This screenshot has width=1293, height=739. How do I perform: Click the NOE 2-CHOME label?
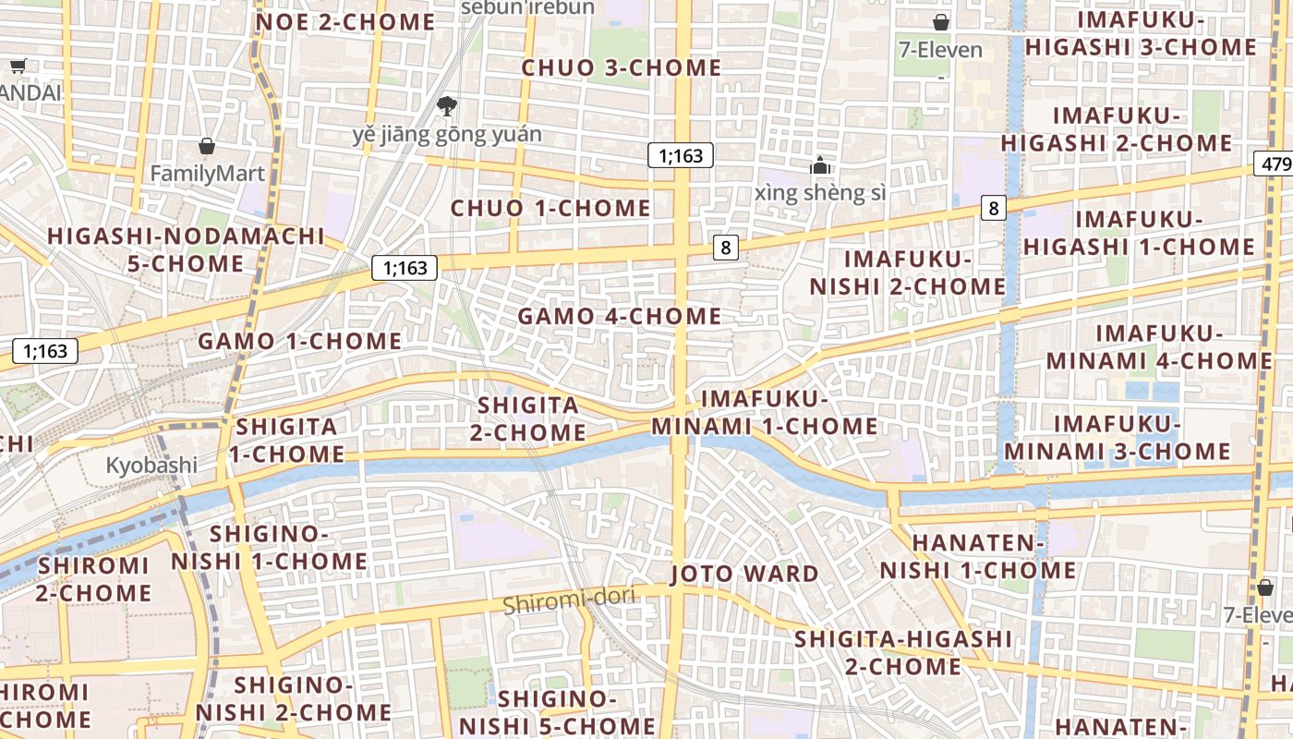(344, 22)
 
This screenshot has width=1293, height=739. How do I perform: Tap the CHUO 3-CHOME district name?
(621, 67)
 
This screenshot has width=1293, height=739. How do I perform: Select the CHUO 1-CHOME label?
(550, 208)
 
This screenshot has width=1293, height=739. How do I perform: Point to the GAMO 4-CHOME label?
(619, 316)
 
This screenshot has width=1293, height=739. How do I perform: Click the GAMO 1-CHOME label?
(299, 341)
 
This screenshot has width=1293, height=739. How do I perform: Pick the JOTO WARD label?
(743, 574)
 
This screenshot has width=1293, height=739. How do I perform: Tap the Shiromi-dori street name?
(569, 600)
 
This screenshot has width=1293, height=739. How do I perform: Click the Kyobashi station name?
(151, 465)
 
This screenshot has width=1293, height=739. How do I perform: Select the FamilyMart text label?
(207, 173)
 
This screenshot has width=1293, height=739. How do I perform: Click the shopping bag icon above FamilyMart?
(207, 146)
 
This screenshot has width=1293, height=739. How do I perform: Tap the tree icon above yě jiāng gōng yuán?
(447, 105)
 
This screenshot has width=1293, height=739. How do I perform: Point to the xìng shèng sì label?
(819, 192)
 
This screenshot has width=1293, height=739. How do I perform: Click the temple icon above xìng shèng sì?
(819, 166)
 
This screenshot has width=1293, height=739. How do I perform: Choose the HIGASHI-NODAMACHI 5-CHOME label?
(186, 250)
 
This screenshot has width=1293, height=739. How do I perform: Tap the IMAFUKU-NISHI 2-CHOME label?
(907, 273)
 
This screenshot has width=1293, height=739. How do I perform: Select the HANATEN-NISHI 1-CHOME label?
(977, 557)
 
